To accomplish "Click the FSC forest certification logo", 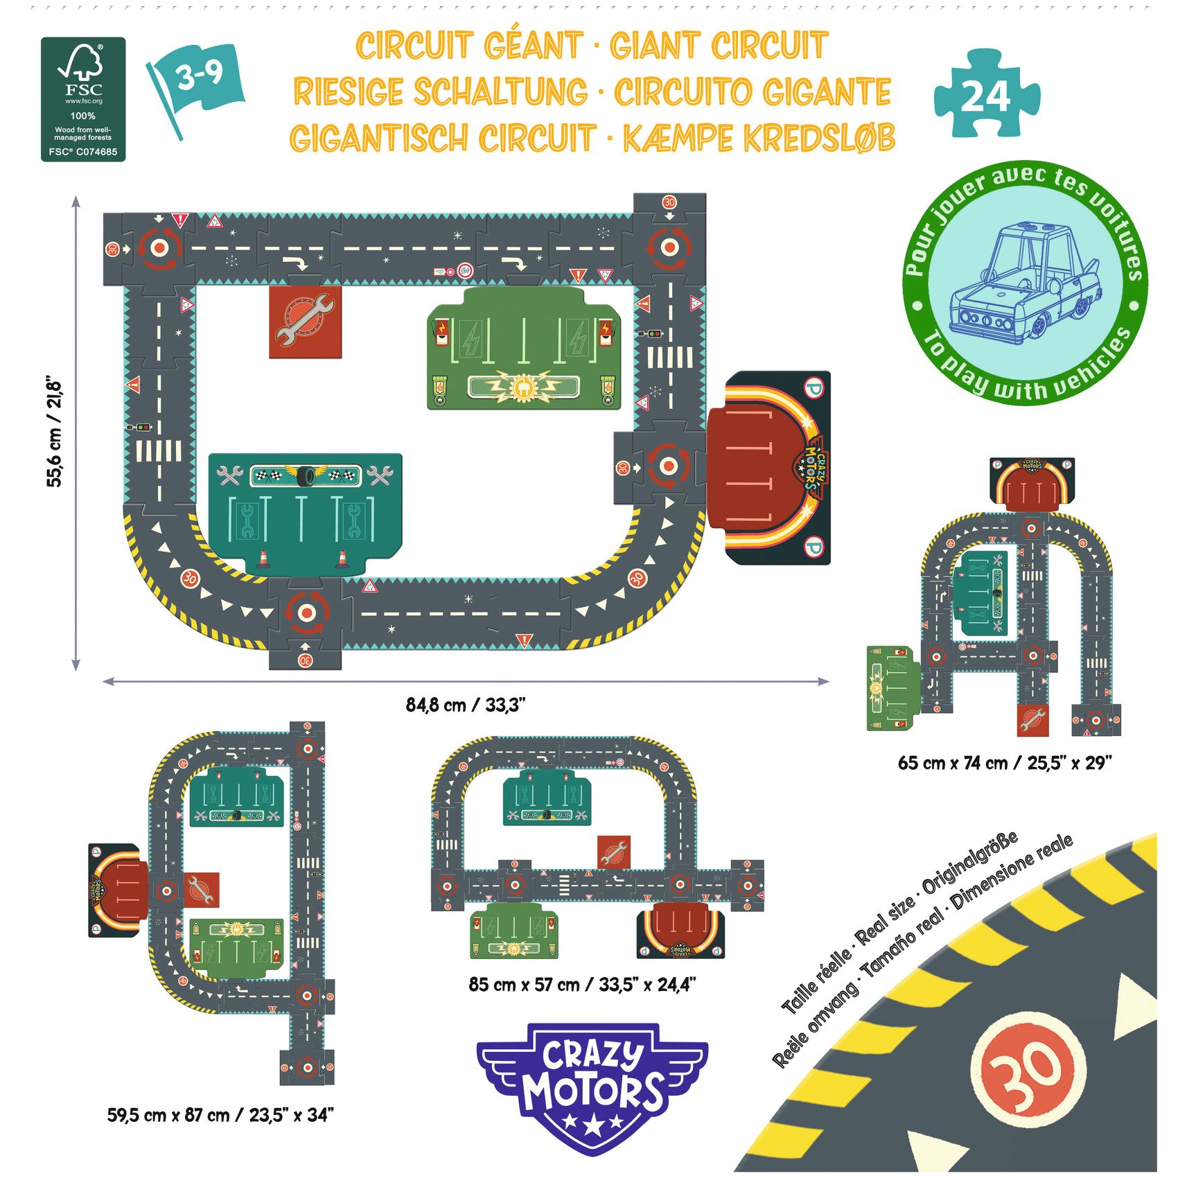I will coord(83,99).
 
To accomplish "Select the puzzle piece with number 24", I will coord(986,94).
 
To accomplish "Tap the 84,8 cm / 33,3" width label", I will coord(466,705).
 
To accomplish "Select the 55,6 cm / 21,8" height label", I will coord(55,433).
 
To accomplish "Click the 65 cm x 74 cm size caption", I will coord(1004,763).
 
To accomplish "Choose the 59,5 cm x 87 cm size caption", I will coord(220,1115).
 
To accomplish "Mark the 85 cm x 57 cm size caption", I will coord(581,984).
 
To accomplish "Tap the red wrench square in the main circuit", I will coord(305,322).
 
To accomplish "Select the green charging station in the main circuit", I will coord(524,349).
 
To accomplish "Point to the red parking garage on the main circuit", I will coord(769,468).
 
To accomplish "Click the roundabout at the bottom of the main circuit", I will coord(305,613).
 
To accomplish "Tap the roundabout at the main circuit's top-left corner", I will coord(159,247).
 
